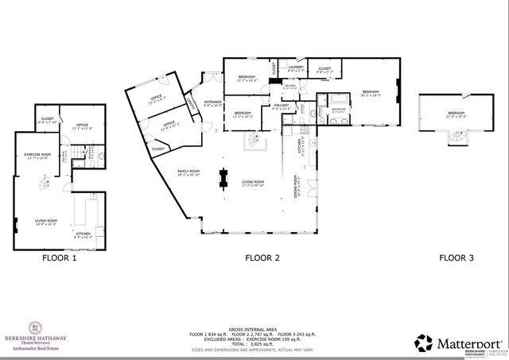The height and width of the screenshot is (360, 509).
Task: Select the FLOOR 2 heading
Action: click(262, 257)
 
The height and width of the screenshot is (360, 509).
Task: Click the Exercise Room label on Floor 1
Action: click(37, 156)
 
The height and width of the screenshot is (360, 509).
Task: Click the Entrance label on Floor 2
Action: click(212, 103)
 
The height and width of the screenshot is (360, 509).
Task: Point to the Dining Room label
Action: click(296, 184)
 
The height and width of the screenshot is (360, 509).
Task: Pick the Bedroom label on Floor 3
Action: click(456, 114)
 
